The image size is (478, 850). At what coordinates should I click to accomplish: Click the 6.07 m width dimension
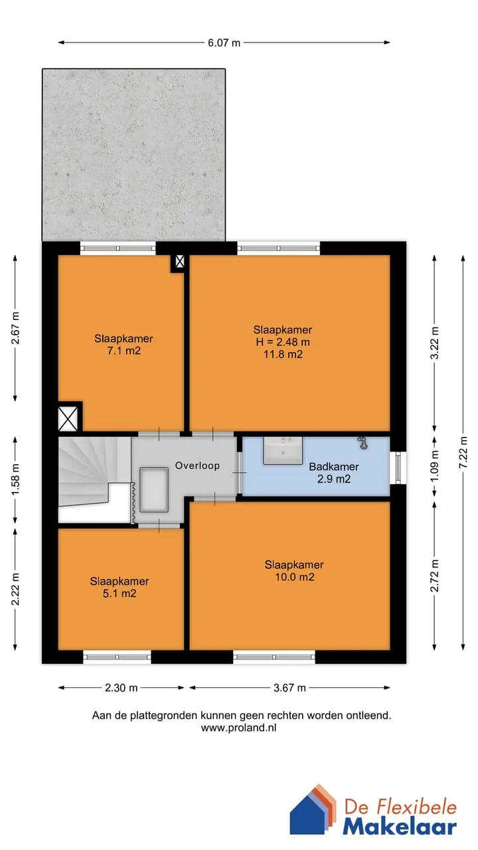224,42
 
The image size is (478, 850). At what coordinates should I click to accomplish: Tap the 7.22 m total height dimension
463,452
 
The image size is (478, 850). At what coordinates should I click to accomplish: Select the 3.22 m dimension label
435,343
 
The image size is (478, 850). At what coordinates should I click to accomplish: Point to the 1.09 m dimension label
435,466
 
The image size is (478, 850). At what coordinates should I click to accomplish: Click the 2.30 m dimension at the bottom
121,687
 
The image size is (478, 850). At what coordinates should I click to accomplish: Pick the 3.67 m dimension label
289,687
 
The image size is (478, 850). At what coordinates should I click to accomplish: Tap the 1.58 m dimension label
15,479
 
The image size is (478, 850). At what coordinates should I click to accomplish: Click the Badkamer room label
334,466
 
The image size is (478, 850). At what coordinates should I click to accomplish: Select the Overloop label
197,466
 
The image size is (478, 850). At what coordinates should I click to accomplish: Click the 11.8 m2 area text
283,355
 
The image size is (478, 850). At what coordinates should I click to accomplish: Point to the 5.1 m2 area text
119,594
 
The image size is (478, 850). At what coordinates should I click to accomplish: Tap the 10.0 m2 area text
295,577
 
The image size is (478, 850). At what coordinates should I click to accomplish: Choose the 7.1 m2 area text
123,351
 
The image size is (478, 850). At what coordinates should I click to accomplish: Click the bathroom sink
283,450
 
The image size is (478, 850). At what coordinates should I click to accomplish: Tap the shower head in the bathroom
363,443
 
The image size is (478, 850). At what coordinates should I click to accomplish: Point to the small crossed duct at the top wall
180,261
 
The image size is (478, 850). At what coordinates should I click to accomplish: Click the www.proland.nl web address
238,728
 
